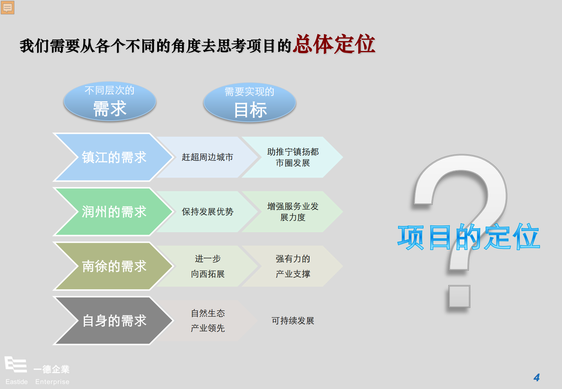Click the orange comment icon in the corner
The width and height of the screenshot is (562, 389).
[7, 7]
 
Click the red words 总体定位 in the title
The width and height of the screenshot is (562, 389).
[335, 44]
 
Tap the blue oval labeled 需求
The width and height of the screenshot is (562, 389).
[110, 102]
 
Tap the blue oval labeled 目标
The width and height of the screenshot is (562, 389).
[250, 103]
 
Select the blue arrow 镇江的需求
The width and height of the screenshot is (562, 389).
[113, 157]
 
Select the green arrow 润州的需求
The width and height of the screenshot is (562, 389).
[113, 212]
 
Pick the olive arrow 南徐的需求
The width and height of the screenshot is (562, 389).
[113, 266]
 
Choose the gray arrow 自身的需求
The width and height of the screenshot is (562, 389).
[113, 321]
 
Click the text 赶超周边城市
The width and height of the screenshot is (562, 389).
[208, 157]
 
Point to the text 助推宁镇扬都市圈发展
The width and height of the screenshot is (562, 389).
[293, 157]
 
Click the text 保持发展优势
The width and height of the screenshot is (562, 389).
[208, 212]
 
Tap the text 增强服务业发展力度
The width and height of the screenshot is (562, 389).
[293, 212]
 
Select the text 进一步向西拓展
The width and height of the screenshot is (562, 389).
[208, 266]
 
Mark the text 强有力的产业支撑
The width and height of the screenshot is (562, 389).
[293, 266]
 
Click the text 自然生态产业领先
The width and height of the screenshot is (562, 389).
[208, 321]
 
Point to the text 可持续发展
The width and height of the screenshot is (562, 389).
[293, 321]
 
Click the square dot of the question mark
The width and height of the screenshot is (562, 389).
[459, 296]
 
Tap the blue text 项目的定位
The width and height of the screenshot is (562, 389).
[469, 237]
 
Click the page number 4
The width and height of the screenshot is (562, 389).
[537, 378]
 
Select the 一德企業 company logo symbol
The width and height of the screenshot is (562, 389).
[16, 364]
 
